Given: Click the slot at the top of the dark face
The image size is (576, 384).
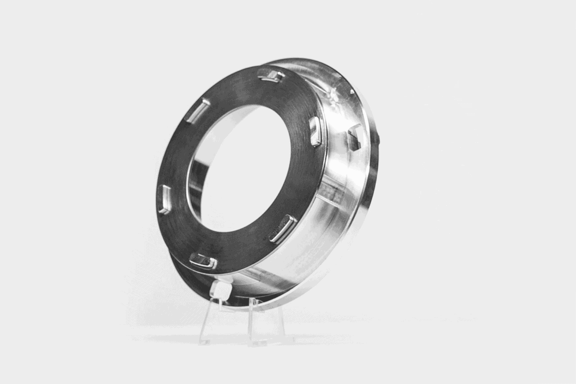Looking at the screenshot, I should [271, 75].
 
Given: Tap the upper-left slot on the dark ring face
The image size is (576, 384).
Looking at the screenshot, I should [197, 110].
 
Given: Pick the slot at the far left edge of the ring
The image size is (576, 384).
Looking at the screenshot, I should [165, 199].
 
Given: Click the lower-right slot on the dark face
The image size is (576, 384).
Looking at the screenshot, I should [283, 229].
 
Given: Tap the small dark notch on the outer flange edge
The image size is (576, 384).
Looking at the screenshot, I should [377, 139].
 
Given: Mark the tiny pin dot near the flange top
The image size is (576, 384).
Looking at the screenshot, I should [352, 91].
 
